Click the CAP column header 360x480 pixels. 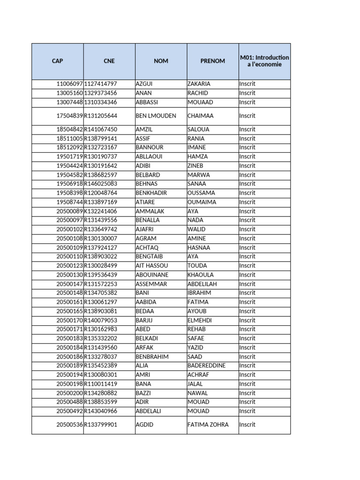coord(58,61)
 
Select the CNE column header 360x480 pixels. coord(109,61)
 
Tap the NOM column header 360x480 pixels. coord(161,61)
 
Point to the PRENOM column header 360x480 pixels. coord(212,61)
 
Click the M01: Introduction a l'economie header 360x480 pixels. coord(264,61)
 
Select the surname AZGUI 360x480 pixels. coord(144,84)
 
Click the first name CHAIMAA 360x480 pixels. coord(202,116)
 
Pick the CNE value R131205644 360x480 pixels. coord(101,116)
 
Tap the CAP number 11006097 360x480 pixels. coord(69,84)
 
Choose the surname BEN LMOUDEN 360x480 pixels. coord(156,116)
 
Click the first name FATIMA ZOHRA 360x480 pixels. coord(208,425)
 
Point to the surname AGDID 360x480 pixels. coord(144,425)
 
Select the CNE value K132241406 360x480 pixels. coord(101,211)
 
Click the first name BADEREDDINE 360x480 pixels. coord(206,366)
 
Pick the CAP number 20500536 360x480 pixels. coord(69,425)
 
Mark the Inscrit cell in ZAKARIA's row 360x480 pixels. coord(247,84)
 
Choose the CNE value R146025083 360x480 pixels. coord(101,184)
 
